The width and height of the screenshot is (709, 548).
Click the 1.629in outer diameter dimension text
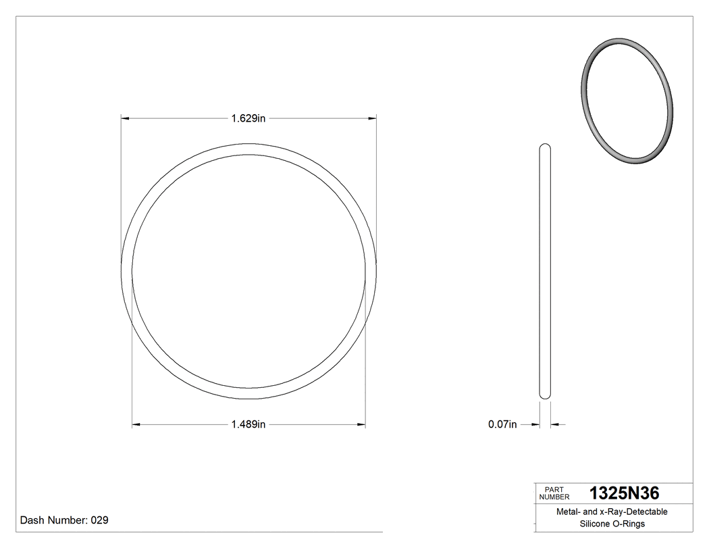point(248,118)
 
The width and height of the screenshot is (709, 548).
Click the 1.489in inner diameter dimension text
point(248,424)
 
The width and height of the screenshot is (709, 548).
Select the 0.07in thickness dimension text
point(502,424)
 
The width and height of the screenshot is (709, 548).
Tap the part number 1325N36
point(625,493)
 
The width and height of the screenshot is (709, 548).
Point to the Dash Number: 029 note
point(64,520)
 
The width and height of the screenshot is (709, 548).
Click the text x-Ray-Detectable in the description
point(633,512)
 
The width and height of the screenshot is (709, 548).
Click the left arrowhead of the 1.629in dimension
point(125,118)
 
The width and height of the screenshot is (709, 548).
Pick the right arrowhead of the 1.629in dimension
point(372,118)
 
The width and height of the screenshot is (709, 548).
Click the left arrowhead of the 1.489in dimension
point(136,424)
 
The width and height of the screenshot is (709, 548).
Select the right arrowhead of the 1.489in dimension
point(361,424)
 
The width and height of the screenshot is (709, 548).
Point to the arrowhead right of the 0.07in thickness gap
point(555,424)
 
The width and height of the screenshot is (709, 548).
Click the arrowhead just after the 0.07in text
point(535,424)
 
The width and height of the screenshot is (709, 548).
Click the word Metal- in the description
point(569,512)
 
